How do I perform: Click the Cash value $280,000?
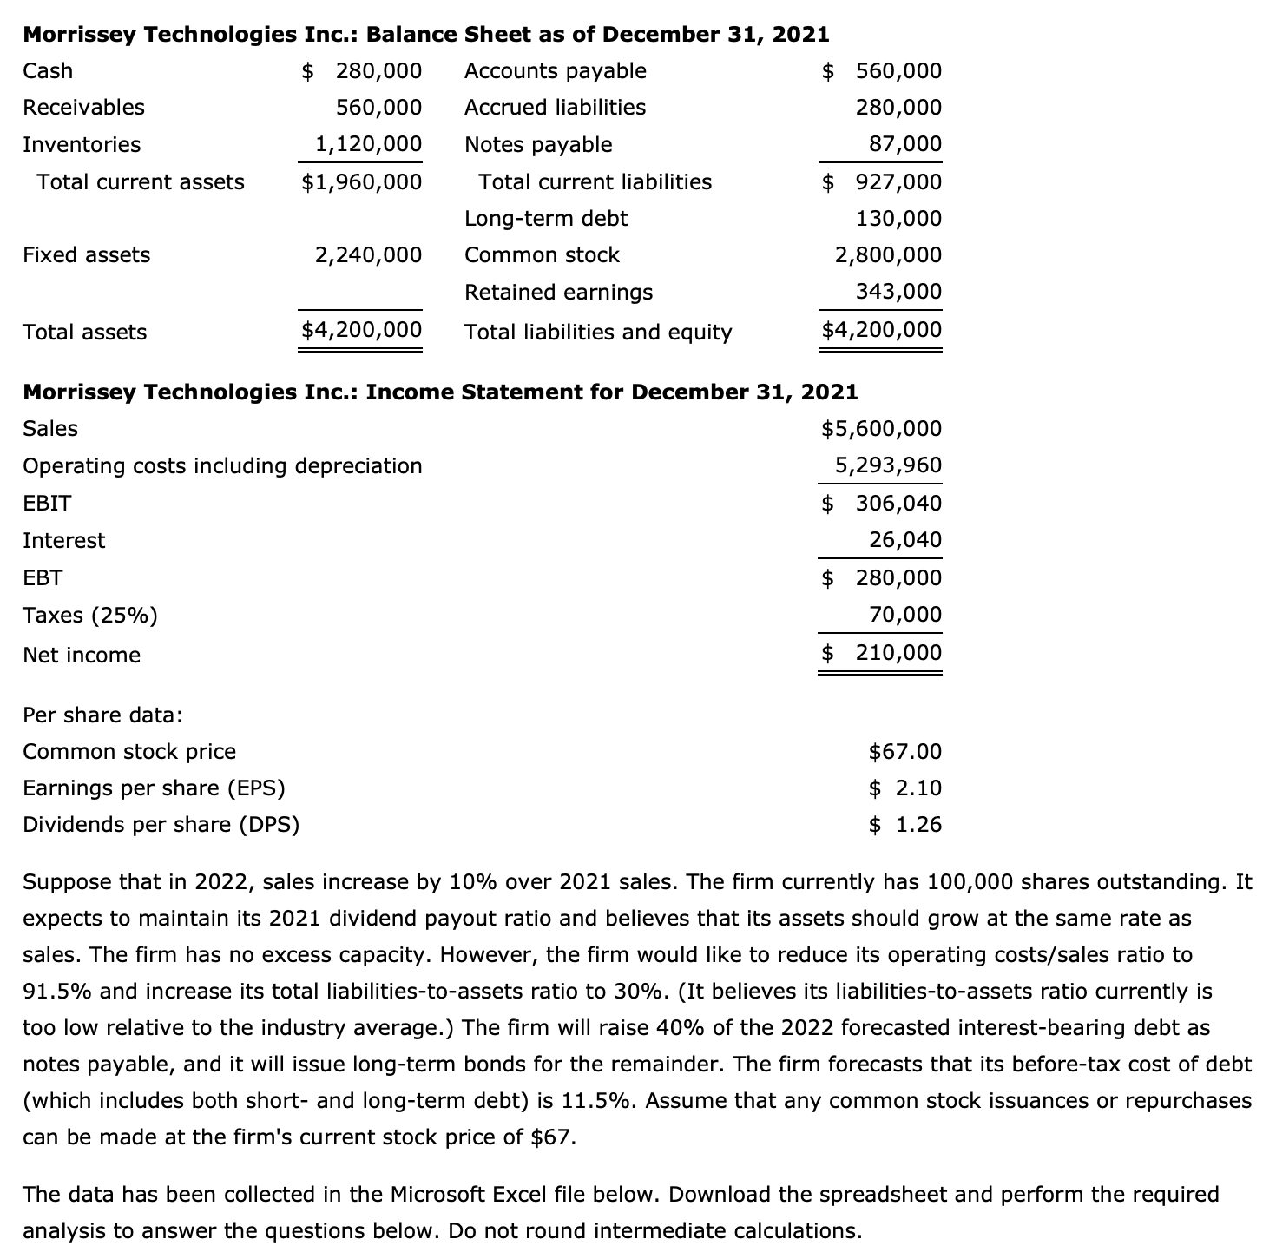pos(362,70)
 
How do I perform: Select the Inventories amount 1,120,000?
pos(368,144)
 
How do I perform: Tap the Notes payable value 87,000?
pos(904,144)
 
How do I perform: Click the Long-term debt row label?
pos(545,218)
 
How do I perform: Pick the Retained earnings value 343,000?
pos(898,292)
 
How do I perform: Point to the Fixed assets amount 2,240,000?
pos(368,254)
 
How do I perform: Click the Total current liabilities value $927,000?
pos(881,181)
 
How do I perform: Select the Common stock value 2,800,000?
pos(887,254)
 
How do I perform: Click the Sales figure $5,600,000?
pos(880,428)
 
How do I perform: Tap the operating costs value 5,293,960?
pos(887,465)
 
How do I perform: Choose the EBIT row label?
pos(47,503)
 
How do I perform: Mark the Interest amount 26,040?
pos(904,540)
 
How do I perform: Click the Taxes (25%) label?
pos(90,616)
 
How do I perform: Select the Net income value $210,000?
pos(881,652)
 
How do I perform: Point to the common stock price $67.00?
pos(904,751)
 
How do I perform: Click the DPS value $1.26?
pos(904,824)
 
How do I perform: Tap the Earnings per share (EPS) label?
pos(154,788)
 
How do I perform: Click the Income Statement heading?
pos(439,392)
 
